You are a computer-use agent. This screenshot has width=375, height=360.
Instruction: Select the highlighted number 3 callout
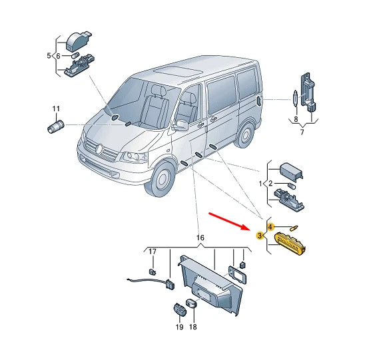(260, 234)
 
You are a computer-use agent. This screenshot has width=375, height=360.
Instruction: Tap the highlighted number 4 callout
(270, 227)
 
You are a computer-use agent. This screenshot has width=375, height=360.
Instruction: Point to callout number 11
(56, 108)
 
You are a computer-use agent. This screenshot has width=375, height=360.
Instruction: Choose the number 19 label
(179, 327)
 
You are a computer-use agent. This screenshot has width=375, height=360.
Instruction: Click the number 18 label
(193, 327)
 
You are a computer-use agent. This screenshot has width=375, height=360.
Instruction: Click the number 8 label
(296, 120)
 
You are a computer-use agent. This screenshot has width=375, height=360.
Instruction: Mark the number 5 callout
(49, 55)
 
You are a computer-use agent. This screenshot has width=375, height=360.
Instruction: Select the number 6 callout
(57, 55)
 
